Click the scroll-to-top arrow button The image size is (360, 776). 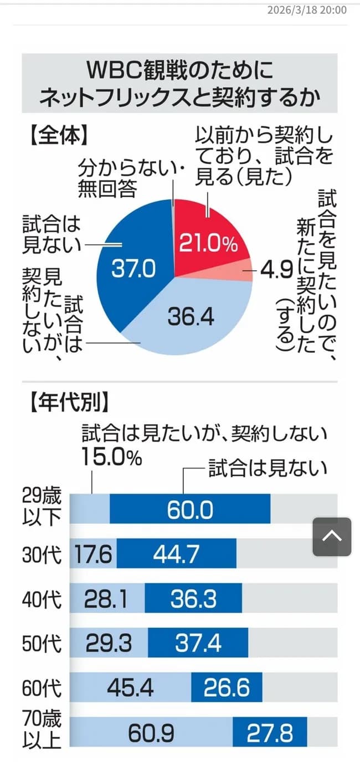tap(332, 537)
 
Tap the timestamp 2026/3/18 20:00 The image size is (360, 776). tap(307, 10)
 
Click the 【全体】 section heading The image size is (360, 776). tap(55, 135)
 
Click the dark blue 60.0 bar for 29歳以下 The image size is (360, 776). tap(190, 509)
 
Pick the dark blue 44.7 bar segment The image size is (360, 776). tap(176, 553)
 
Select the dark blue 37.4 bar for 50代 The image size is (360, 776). tap(198, 643)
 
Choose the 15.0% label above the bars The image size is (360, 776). tap(112, 457)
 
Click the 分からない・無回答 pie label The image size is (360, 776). tap(130, 178)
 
